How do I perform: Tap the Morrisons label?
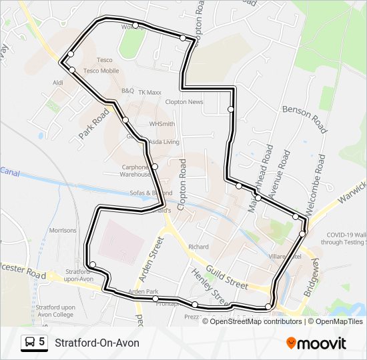pyautogui.click(x=63, y=230)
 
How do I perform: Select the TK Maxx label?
pyautogui.click(x=150, y=92)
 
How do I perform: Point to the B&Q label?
pyautogui.click(x=127, y=90)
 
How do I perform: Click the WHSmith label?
pyautogui.click(x=162, y=124)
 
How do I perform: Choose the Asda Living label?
pyautogui.click(x=163, y=142)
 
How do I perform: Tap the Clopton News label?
pyautogui.click(x=184, y=102)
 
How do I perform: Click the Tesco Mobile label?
pyautogui.click(x=101, y=71)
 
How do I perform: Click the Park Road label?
pyautogui.click(x=93, y=124)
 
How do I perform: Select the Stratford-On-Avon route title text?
pyautogui.click(x=97, y=343)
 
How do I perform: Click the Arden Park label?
pyautogui.click(x=143, y=292)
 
